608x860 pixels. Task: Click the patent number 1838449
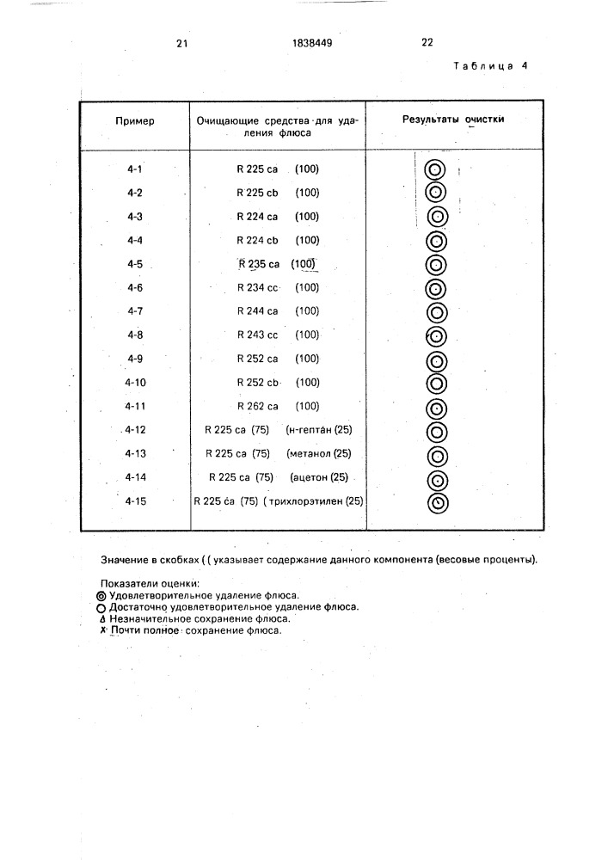311,43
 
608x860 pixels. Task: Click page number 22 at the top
427,43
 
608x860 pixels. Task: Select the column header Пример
135,121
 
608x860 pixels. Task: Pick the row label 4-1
134,169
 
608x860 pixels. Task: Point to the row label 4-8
134,335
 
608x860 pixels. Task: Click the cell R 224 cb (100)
278,240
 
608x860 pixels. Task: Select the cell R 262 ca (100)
278,406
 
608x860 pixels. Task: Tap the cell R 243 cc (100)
278,335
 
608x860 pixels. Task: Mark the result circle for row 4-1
435,169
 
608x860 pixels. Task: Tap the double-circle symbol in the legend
103,594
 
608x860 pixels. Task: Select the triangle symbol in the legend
103,617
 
